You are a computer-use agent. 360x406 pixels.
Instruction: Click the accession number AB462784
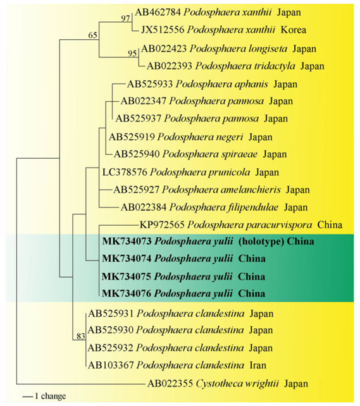coord(158,12)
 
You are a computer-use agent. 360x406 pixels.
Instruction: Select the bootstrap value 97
coord(126,19)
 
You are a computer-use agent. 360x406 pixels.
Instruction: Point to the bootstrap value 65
coord(93,35)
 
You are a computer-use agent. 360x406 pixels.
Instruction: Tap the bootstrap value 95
coord(132,53)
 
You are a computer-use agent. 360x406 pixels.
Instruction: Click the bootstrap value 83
coord(81,336)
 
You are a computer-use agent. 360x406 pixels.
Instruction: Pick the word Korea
coord(294,30)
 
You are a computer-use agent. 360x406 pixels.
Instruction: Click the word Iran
coord(258,365)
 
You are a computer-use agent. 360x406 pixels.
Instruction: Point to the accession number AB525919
coord(132,137)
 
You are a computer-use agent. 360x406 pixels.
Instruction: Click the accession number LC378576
coord(125,172)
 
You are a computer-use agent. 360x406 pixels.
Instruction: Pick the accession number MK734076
coord(127,293)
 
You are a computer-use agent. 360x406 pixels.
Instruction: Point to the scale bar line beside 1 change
coord(27,397)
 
